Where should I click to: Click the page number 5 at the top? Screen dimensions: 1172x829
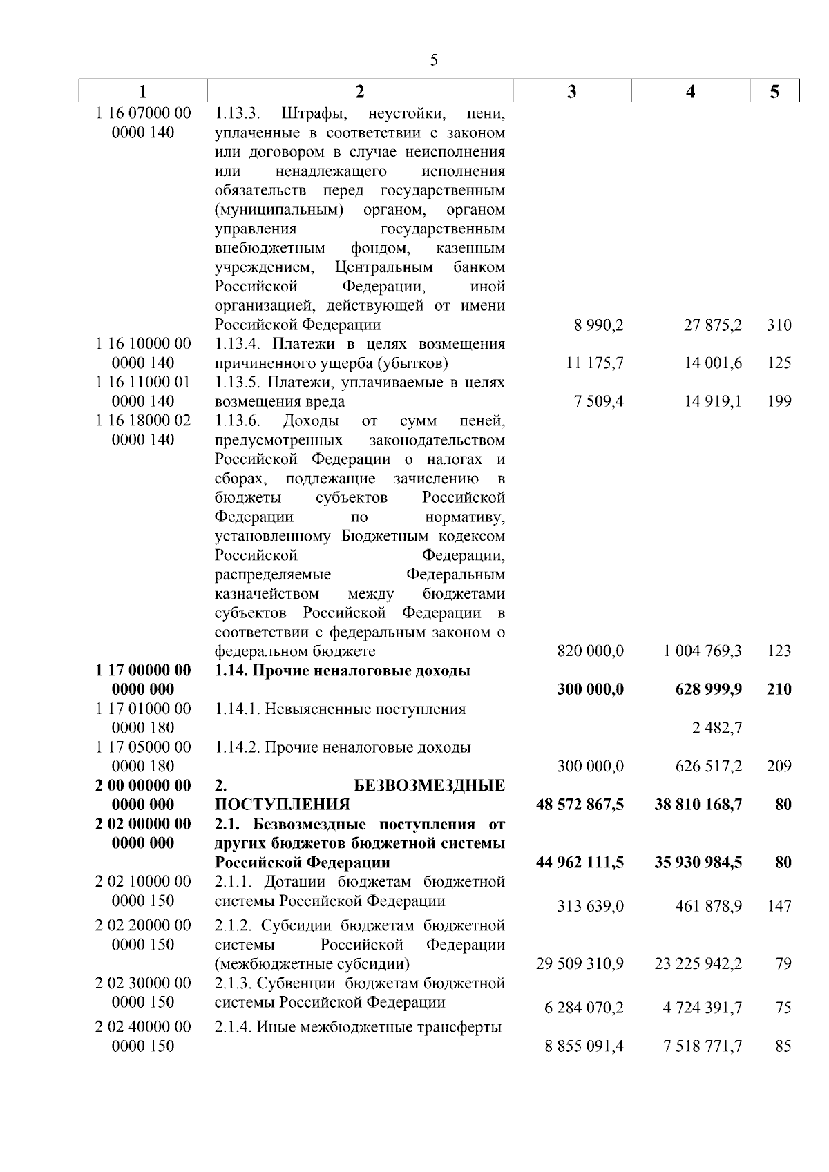(434, 60)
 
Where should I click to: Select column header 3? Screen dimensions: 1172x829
(571, 92)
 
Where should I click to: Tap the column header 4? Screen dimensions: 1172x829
(690, 92)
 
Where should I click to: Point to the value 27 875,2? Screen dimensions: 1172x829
(713, 325)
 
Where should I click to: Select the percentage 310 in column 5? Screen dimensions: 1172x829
(779, 325)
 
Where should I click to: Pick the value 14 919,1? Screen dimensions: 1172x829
(713, 401)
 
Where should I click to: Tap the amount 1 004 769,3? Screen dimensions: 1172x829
(703, 651)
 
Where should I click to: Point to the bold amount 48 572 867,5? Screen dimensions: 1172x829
(580, 805)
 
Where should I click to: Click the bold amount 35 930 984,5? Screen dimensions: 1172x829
(698, 863)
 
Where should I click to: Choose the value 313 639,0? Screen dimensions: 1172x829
(590, 906)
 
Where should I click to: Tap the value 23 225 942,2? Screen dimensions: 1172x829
(698, 963)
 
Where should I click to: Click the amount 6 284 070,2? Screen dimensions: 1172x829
(584, 1008)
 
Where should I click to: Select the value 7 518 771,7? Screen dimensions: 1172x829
(703, 1047)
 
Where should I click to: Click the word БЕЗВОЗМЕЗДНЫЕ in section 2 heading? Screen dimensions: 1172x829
(429, 786)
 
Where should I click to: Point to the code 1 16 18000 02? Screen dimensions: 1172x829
(143, 421)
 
